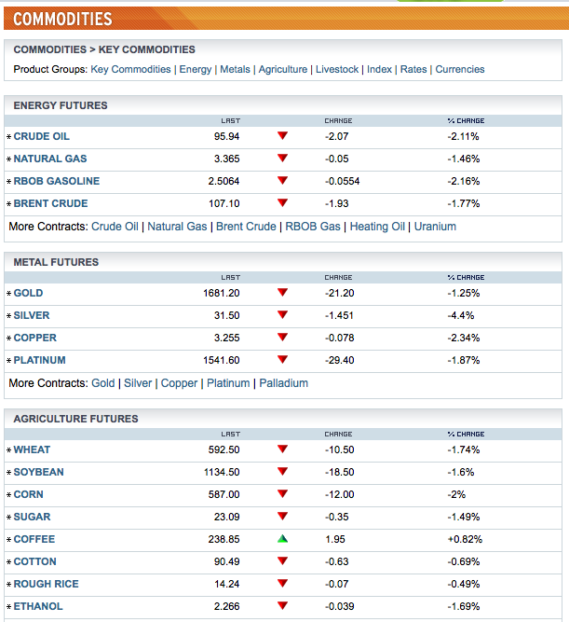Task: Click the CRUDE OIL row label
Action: pos(42,136)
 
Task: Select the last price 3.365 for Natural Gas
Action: pos(226,159)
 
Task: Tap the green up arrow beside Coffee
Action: pos(282,539)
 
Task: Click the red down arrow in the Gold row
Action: pos(282,293)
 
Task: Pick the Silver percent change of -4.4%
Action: pos(461,315)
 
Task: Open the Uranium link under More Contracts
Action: pos(435,227)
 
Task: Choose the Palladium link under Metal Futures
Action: pos(284,383)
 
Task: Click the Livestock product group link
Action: pos(337,69)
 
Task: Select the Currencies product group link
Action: pos(460,69)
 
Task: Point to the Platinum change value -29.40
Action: pos(340,360)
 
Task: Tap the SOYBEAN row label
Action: pos(38,472)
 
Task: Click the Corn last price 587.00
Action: pos(224,494)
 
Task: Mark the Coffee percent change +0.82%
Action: pos(465,539)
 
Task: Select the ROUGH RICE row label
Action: pos(46,584)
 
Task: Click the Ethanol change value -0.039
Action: pos(340,606)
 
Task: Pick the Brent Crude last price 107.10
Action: pos(224,203)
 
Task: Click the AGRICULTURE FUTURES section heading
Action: pos(75,419)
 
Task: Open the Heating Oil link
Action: pos(377,227)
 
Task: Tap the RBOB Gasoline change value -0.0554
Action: pos(343,181)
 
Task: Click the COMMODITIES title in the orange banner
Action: pos(62,19)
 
